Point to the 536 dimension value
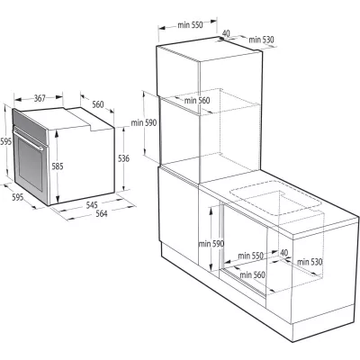pos(123,159)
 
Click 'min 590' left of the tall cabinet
pos(144,122)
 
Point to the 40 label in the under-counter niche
pos(284,253)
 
